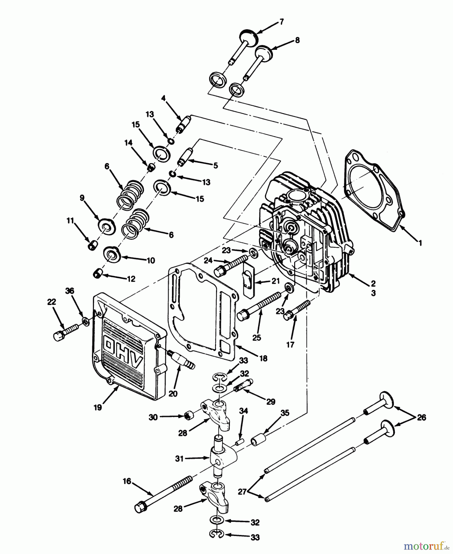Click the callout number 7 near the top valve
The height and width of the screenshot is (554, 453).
point(281,22)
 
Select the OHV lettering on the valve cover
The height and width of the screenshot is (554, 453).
point(123,351)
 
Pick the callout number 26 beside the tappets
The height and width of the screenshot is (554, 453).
point(421,418)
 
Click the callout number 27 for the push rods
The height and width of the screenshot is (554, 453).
point(242,492)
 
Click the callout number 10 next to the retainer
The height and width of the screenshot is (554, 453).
point(150,260)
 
